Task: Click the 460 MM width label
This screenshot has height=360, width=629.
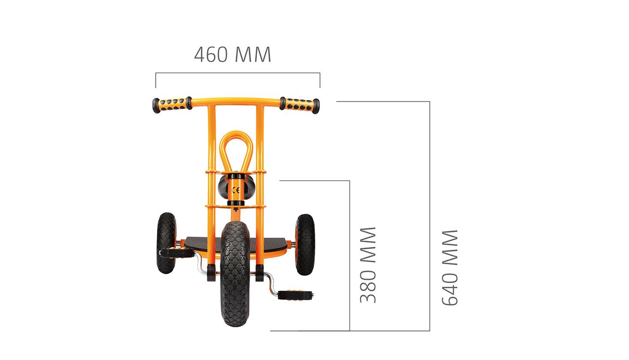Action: coord(232,54)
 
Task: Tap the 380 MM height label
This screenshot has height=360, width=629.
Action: coord(368,265)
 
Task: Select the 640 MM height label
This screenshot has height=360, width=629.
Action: coord(450,268)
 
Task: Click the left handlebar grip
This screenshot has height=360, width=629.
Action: coord(172,105)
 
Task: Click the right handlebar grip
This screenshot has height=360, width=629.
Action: coord(299,105)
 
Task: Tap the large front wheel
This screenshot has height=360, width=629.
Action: coord(235,274)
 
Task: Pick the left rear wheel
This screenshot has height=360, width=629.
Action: coord(167,243)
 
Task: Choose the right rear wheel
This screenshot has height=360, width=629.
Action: coord(305,244)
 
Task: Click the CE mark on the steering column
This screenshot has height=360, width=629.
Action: coord(236,190)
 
